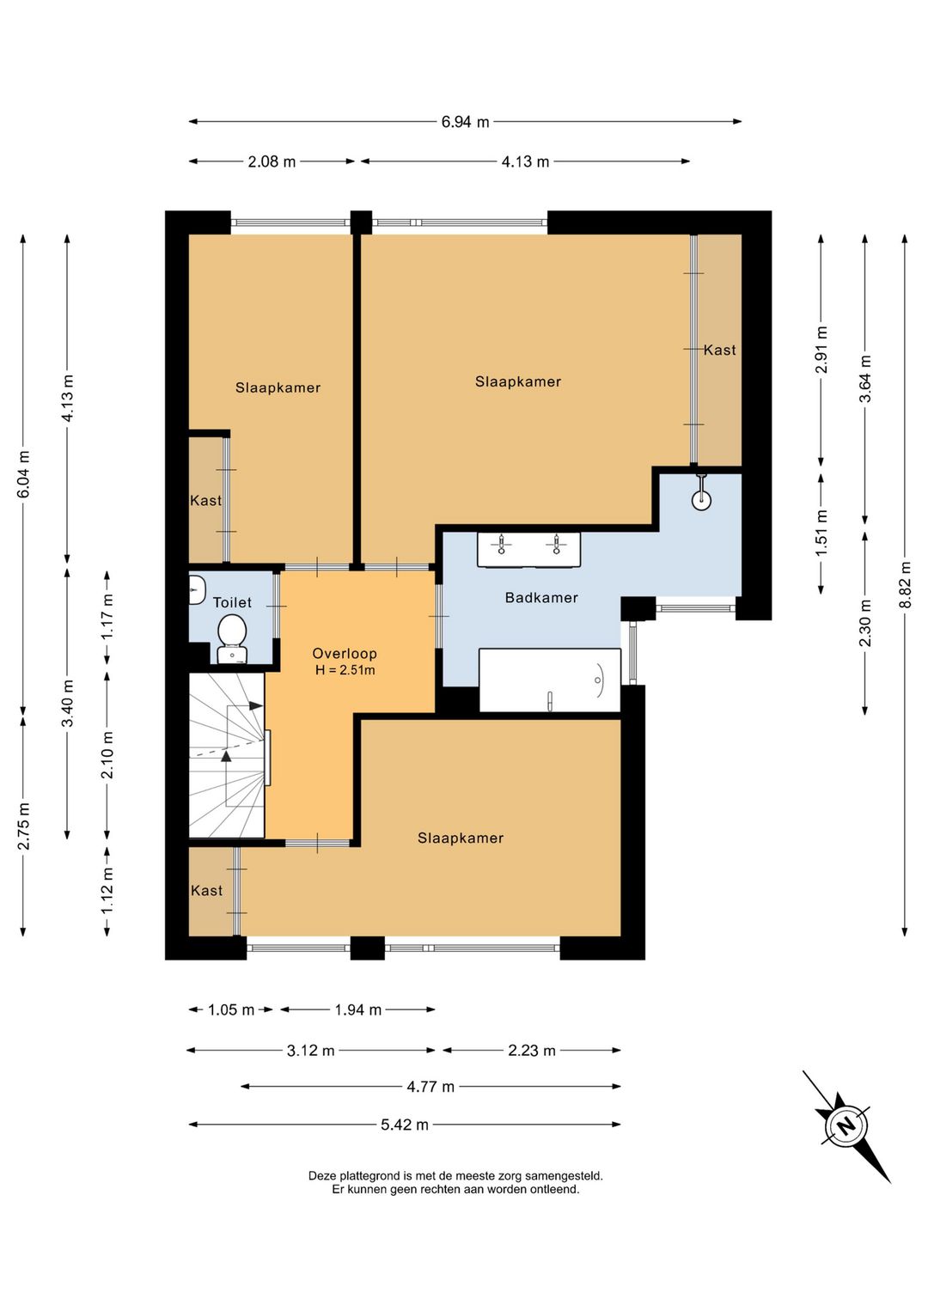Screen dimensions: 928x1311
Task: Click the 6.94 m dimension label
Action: point(464,122)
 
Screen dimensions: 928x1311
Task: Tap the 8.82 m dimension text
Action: point(906,585)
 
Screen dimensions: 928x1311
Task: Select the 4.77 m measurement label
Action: point(430,1087)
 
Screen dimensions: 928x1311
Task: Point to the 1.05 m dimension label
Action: point(231,1009)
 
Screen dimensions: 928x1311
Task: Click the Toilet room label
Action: point(232,602)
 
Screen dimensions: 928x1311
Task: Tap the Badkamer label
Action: point(541,598)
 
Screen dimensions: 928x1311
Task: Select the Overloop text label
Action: point(345,654)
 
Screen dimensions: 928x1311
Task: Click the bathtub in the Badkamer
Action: point(550,680)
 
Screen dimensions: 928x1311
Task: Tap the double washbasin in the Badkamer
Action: point(528,549)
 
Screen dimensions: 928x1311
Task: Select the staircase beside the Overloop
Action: point(227,755)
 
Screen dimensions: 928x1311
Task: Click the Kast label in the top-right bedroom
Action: point(719,350)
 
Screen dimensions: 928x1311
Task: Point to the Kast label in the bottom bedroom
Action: point(207,891)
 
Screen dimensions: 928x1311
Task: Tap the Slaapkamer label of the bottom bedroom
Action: point(461,838)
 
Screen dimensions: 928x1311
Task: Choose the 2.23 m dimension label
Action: point(531,1051)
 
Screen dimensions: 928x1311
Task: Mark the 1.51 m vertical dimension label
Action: point(822,534)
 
